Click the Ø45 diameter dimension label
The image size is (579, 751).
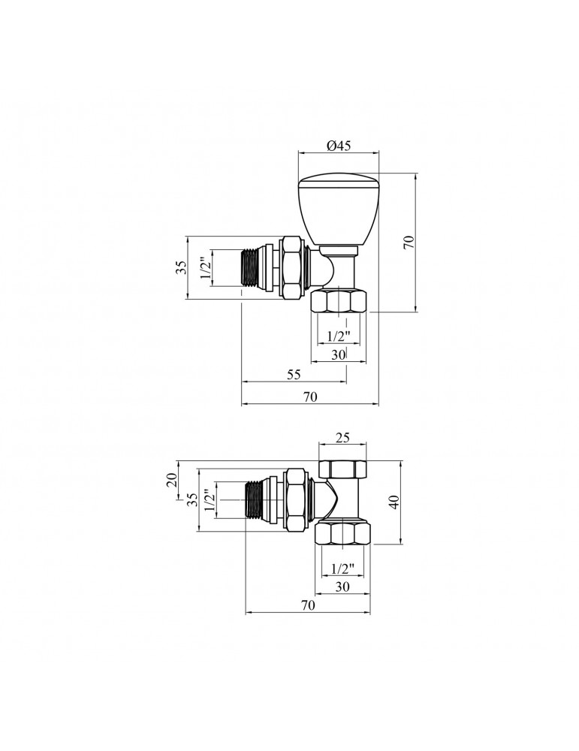click(x=339, y=146)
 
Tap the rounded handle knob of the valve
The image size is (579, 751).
click(x=339, y=210)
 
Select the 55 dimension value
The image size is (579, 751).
click(x=294, y=374)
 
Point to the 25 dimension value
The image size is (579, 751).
click(x=343, y=437)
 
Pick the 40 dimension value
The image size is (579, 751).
click(x=394, y=502)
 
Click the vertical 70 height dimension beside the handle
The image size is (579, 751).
click(x=408, y=242)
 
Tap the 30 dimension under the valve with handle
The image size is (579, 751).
click(x=338, y=354)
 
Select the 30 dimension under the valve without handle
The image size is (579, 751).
click(x=342, y=587)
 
